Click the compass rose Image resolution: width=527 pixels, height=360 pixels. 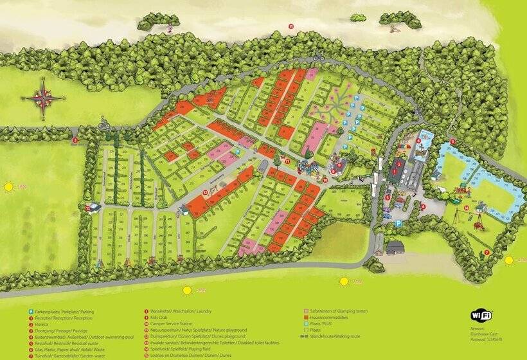click(43, 97)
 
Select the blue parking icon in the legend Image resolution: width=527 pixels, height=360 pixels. click(30, 312)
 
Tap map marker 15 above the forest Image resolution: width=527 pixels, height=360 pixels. click(290, 26)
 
